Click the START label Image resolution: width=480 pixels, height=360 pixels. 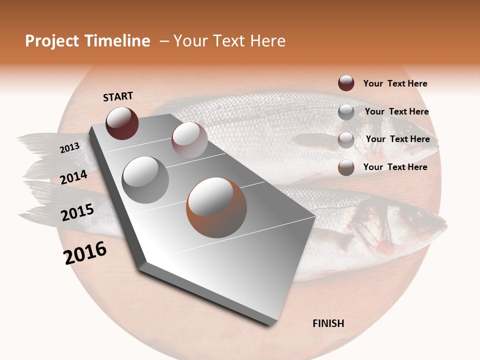[118, 96]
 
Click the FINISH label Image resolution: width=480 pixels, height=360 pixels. [328, 323]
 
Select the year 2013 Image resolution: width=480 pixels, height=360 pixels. [70, 147]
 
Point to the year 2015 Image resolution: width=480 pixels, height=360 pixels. [77, 212]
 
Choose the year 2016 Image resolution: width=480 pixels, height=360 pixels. [85, 253]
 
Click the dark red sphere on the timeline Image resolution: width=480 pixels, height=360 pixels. [122, 123]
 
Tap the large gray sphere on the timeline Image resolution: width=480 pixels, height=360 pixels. [145, 179]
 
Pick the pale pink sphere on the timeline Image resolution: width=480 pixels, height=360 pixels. [189, 140]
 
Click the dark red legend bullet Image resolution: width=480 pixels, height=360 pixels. [346, 83]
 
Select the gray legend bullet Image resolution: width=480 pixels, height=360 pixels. [346, 112]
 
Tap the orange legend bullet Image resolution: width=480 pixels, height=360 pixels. [346, 167]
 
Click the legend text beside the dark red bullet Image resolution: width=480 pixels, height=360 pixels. [395, 83]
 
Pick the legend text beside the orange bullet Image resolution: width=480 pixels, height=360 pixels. [395, 167]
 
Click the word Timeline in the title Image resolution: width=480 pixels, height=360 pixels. [116, 41]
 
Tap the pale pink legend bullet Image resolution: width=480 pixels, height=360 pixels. [346, 140]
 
